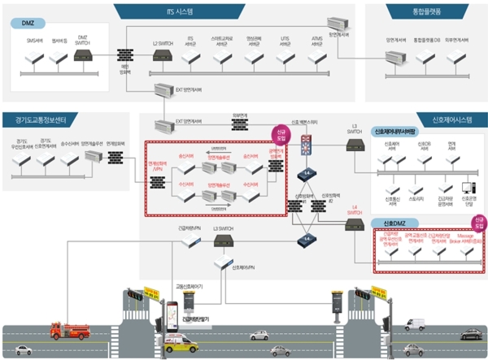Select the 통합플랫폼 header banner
coord(425,11)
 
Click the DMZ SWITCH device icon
coord(83,56)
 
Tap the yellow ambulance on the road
coord(181,342)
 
